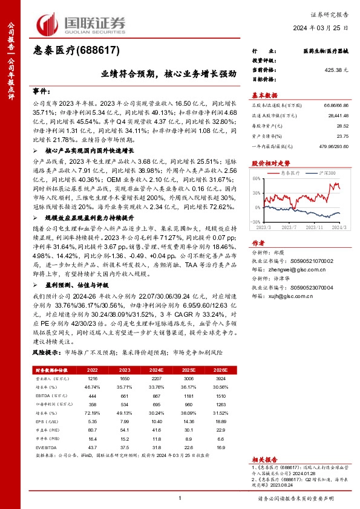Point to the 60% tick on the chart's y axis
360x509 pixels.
pyautogui.click(x=256, y=178)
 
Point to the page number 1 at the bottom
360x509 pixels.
pyautogui.click(x=180, y=498)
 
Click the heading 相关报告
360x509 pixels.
pyautogui.click(x=264, y=459)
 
